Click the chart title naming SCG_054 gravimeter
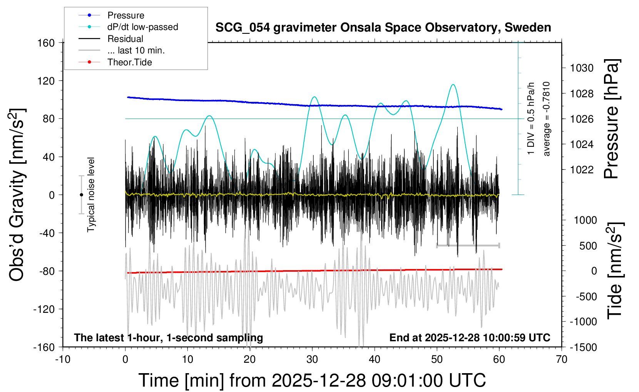click(383, 28)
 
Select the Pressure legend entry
click(125, 15)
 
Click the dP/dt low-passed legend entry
click(142, 27)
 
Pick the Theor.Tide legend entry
click(129, 62)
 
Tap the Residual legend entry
click(125, 39)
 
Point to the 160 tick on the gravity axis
click(46, 43)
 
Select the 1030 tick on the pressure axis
click(582, 68)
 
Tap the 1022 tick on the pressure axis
click(582, 169)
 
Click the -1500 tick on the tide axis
click(583, 347)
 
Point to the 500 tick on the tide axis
click(588, 246)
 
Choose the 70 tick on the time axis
click(562, 359)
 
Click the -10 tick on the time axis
click(63, 359)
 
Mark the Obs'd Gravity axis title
click(17, 195)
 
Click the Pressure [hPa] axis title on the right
click(611, 119)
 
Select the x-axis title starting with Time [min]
click(312, 380)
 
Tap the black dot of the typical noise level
click(81, 195)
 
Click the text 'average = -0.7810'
click(546, 119)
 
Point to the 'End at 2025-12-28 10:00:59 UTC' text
click(470, 337)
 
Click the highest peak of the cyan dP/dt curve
click(453, 85)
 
